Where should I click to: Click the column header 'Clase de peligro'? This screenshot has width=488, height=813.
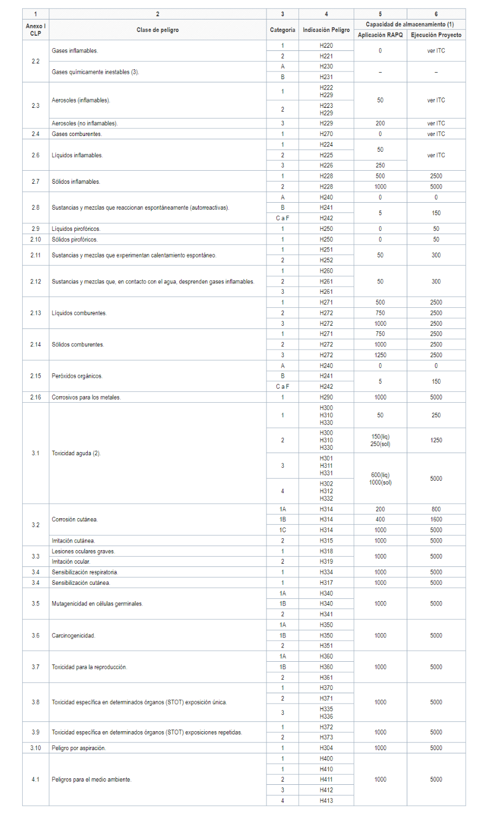pyautogui.click(x=157, y=30)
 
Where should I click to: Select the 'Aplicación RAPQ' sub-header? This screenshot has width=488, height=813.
pyautogui.click(x=380, y=35)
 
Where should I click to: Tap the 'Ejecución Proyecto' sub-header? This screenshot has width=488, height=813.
pyautogui.click(x=436, y=35)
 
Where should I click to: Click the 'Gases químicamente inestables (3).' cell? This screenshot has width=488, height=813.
pyautogui.click(x=95, y=72)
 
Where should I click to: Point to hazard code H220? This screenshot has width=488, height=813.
pyautogui.click(x=326, y=46)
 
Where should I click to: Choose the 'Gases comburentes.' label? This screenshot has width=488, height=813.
pyautogui.click(x=77, y=134)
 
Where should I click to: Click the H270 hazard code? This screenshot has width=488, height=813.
pyautogui.click(x=326, y=134)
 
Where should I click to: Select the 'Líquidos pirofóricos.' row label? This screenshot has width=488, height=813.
pyautogui.click(x=76, y=229)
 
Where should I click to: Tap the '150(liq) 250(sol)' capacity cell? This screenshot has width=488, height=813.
pyautogui.click(x=380, y=441)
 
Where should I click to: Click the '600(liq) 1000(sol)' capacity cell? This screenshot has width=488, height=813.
pyautogui.click(x=380, y=479)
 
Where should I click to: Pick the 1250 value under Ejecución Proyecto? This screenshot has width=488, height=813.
pyautogui.click(x=436, y=441)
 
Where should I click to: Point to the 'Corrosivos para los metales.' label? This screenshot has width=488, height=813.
pyautogui.click(x=86, y=397)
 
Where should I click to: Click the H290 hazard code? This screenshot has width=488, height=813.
pyautogui.click(x=326, y=397)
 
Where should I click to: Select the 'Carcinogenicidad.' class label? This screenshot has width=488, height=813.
pyautogui.click(x=74, y=635)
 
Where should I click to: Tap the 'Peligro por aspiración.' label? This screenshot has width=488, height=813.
pyautogui.click(x=79, y=748)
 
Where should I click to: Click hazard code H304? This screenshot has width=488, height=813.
pyautogui.click(x=326, y=748)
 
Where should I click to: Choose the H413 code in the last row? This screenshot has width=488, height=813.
pyautogui.click(x=326, y=801)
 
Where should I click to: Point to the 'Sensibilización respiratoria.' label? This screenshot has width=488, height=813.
pyautogui.click(x=84, y=572)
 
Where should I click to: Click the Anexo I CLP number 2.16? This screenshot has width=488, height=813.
pyautogui.click(x=36, y=397)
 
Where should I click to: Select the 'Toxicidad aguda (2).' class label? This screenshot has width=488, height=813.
pyautogui.click(x=76, y=453)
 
